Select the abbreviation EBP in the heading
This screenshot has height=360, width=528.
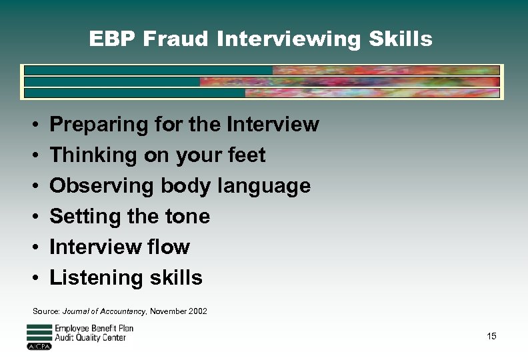[109, 39]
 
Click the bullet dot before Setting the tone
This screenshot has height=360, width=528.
[34, 217]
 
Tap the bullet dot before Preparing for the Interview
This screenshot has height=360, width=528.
[34, 125]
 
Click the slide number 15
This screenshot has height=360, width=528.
[491, 336]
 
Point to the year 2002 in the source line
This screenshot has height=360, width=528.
[197, 311]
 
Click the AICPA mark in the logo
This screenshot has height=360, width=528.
[39, 347]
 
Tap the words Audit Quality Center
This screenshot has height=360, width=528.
[90, 338]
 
